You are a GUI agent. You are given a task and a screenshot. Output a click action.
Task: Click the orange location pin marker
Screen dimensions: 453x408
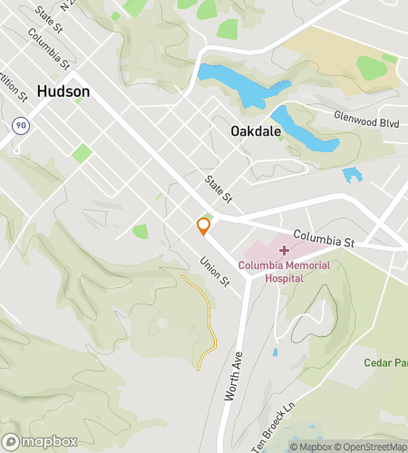pyautogui.click(x=203, y=226)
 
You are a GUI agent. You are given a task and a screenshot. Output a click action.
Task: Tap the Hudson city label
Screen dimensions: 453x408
pyautogui.click(x=63, y=92)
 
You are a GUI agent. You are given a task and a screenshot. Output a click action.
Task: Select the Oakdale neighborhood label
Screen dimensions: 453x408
pyautogui.click(x=255, y=131)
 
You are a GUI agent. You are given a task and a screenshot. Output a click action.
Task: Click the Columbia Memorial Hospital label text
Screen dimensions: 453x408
pyautogui.click(x=285, y=272)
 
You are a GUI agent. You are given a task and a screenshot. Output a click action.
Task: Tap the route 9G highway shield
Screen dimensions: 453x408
pyautogui.click(x=19, y=123)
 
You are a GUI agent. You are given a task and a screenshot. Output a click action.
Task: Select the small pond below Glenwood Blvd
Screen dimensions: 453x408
pyautogui.click(x=352, y=174)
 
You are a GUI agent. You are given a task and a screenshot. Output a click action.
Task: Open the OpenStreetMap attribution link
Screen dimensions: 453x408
pyautogui.click(x=372, y=446)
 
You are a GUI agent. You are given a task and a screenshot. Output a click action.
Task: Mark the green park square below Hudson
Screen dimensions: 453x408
pyautogui.click(x=82, y=153)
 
